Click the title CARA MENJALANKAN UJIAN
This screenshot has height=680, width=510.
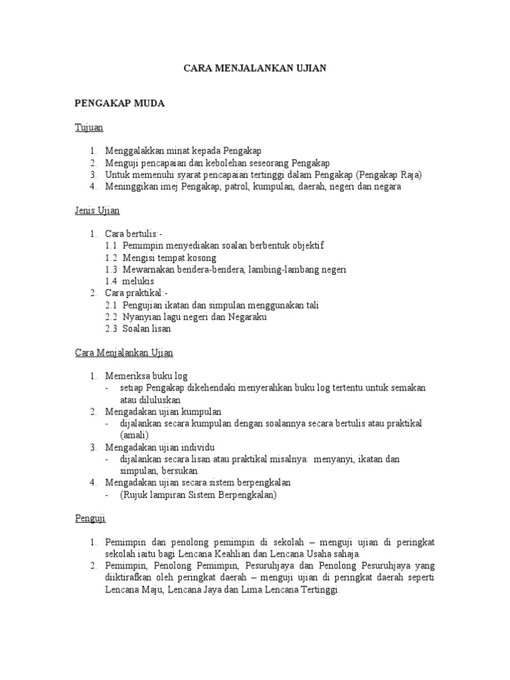(x=255, y=69)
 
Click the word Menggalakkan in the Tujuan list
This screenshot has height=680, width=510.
(x=135, y=151)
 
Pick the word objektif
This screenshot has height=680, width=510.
(x=307, y=246)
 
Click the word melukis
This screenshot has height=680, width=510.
(x=139, y=281)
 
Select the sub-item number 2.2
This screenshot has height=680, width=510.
(x=111, y=317)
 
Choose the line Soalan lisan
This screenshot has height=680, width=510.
(x=147, y=328)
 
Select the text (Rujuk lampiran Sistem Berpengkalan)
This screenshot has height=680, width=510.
(x=198, y=494)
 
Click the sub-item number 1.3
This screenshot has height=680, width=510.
(x=111, y=270)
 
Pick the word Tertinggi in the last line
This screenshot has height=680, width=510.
(x=317, y=589)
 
